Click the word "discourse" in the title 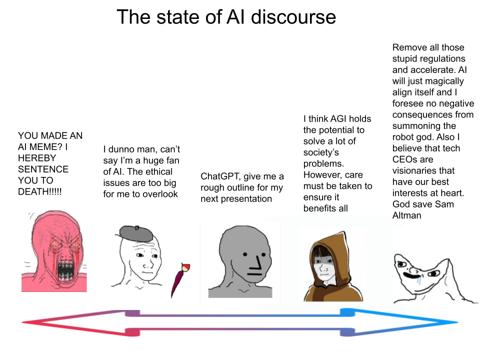293,17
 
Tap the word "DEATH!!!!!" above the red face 40,191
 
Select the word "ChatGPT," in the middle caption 220,176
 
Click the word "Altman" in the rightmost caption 406,215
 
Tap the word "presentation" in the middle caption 246,199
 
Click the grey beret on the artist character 136,233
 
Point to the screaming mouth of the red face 66,271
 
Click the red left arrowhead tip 22,322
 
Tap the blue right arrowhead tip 457,322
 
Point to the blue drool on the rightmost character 419,280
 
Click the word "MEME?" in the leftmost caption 45,147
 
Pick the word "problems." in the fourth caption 323,164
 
